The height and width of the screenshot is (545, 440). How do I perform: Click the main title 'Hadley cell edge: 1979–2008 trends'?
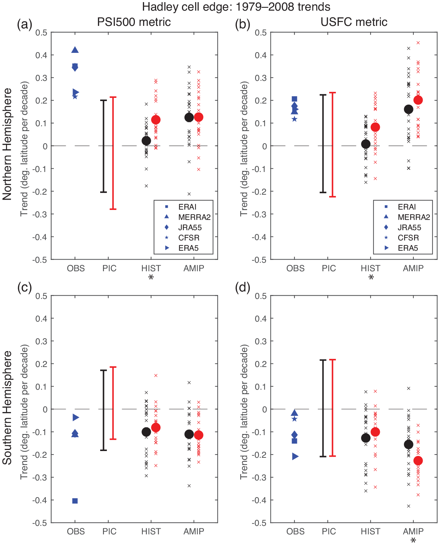coord(236,7)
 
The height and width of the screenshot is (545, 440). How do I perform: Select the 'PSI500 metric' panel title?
coord(134,22)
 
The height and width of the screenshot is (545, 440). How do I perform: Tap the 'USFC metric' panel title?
coord(354,22)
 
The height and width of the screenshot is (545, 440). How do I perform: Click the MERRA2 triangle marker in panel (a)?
coord(75,50)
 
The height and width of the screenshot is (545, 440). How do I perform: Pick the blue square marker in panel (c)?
coord(75,501)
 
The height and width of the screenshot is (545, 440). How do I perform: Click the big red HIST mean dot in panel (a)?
coord(156,120)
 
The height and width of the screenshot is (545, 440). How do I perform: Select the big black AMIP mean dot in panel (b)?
coord(408,109)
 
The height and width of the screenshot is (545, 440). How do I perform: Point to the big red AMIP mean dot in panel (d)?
coord(418,461)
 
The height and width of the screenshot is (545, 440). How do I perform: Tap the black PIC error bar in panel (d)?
coord(323,408)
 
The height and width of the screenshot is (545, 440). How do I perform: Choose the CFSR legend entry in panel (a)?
coord(189,238)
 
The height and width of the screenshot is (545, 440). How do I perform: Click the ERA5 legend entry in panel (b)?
coord(408,248)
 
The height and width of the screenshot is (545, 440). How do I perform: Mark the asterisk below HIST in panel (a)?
coord(151,278)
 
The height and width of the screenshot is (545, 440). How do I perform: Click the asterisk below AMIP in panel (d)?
coord(413,541)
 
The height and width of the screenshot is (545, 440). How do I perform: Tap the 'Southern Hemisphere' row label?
coord(7,408)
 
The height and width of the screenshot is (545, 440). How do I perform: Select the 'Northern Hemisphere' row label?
coord(7,144)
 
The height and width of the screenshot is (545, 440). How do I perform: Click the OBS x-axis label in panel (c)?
coord(76,532)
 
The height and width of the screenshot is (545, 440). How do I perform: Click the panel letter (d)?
coord(242,287)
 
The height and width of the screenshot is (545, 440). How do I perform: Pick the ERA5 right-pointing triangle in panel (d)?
coord(295,457)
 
